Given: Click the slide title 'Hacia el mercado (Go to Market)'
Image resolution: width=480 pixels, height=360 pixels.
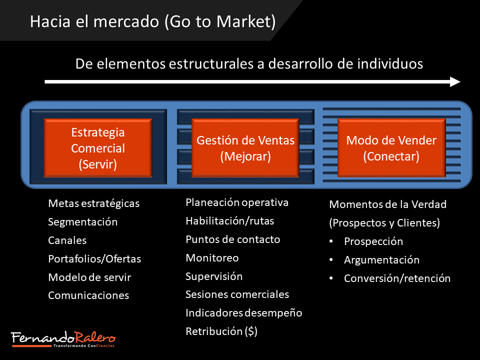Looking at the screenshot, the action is pos(153,21).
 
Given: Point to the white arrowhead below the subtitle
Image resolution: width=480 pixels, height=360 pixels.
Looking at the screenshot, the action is pos(455,81).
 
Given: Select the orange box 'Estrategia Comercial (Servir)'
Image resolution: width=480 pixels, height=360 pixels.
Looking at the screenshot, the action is pos(98,148).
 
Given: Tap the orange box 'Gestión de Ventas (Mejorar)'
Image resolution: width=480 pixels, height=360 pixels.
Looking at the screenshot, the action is pos(245,148).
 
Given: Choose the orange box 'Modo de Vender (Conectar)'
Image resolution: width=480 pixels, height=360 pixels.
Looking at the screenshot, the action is pos(391,148).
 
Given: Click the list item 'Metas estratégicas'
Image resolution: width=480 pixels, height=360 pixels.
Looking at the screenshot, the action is pos(93,203).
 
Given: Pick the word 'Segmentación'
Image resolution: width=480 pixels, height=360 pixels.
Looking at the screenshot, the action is pos(82,222).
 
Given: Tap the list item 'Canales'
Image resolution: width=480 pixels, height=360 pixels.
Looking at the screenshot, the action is pos(67,240).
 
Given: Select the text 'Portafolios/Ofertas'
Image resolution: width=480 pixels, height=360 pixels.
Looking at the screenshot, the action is pos(94,259).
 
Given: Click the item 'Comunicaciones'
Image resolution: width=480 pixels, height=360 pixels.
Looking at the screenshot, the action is pos(88,295).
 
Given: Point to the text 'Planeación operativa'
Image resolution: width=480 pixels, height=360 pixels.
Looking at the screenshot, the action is pos(237,202).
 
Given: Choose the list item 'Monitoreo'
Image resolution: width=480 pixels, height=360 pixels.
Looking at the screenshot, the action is pos(212,258).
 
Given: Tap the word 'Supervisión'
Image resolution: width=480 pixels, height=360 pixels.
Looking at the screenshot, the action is pos(214,276).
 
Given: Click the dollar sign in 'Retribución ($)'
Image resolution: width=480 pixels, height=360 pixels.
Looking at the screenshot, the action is pos(251,331).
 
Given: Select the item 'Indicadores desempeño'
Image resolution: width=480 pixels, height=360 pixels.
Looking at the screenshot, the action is pos(243,313).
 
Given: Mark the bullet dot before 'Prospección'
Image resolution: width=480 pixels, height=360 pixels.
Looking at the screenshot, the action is pos(331,241).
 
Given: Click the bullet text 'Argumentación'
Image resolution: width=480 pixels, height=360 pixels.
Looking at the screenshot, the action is pos(381,260).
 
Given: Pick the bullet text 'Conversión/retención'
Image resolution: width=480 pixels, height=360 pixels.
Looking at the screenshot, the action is pos(397,278).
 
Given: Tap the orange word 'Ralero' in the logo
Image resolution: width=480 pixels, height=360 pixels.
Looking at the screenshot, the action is pos(95,337).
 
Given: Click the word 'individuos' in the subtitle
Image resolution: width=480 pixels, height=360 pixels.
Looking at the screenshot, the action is pos(390,64).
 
